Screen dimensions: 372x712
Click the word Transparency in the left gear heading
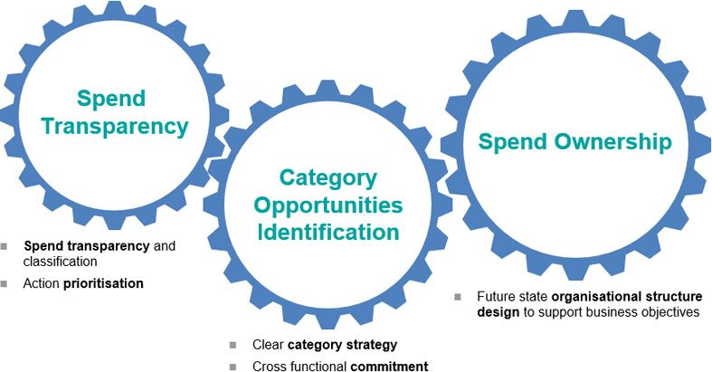[114, 126]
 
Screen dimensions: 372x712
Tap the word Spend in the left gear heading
[111, 97]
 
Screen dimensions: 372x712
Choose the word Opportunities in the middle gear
[328, 205]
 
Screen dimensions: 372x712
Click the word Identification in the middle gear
[328, 233]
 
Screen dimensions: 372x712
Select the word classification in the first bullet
[61, 262]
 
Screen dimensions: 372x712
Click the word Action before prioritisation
[43, 283]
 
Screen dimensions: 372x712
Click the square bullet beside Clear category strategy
[233, 346]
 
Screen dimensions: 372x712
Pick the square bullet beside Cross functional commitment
[233, 367]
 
